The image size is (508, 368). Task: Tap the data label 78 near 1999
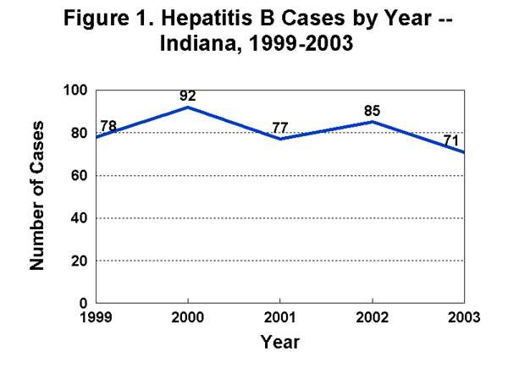pyautogui.click(x=109, y=125)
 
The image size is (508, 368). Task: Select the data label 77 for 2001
pyautogui.click(x=281, y=129)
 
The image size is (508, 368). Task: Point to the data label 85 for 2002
pyautogui.click(x=373, y=110)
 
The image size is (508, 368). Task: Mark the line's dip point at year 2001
pyautogui.click(x=281, y=139)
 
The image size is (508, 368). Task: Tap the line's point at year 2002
pyautogui.click(x=373, y=122)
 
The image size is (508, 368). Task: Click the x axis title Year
pyautogui.click(x=280, y=343)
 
